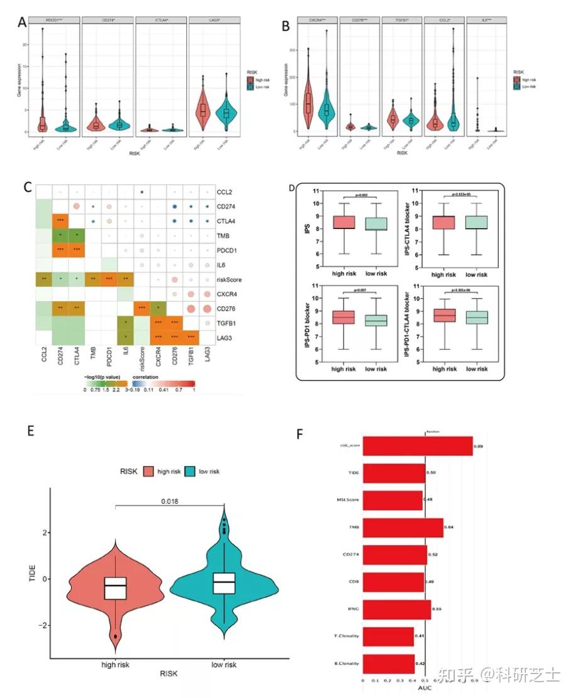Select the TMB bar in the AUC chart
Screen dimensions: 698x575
coord(403,527)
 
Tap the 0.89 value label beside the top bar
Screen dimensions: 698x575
coord(478,446)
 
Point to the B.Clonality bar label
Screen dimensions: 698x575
coord(348,663)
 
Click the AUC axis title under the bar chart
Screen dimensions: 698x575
coord(425,690)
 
